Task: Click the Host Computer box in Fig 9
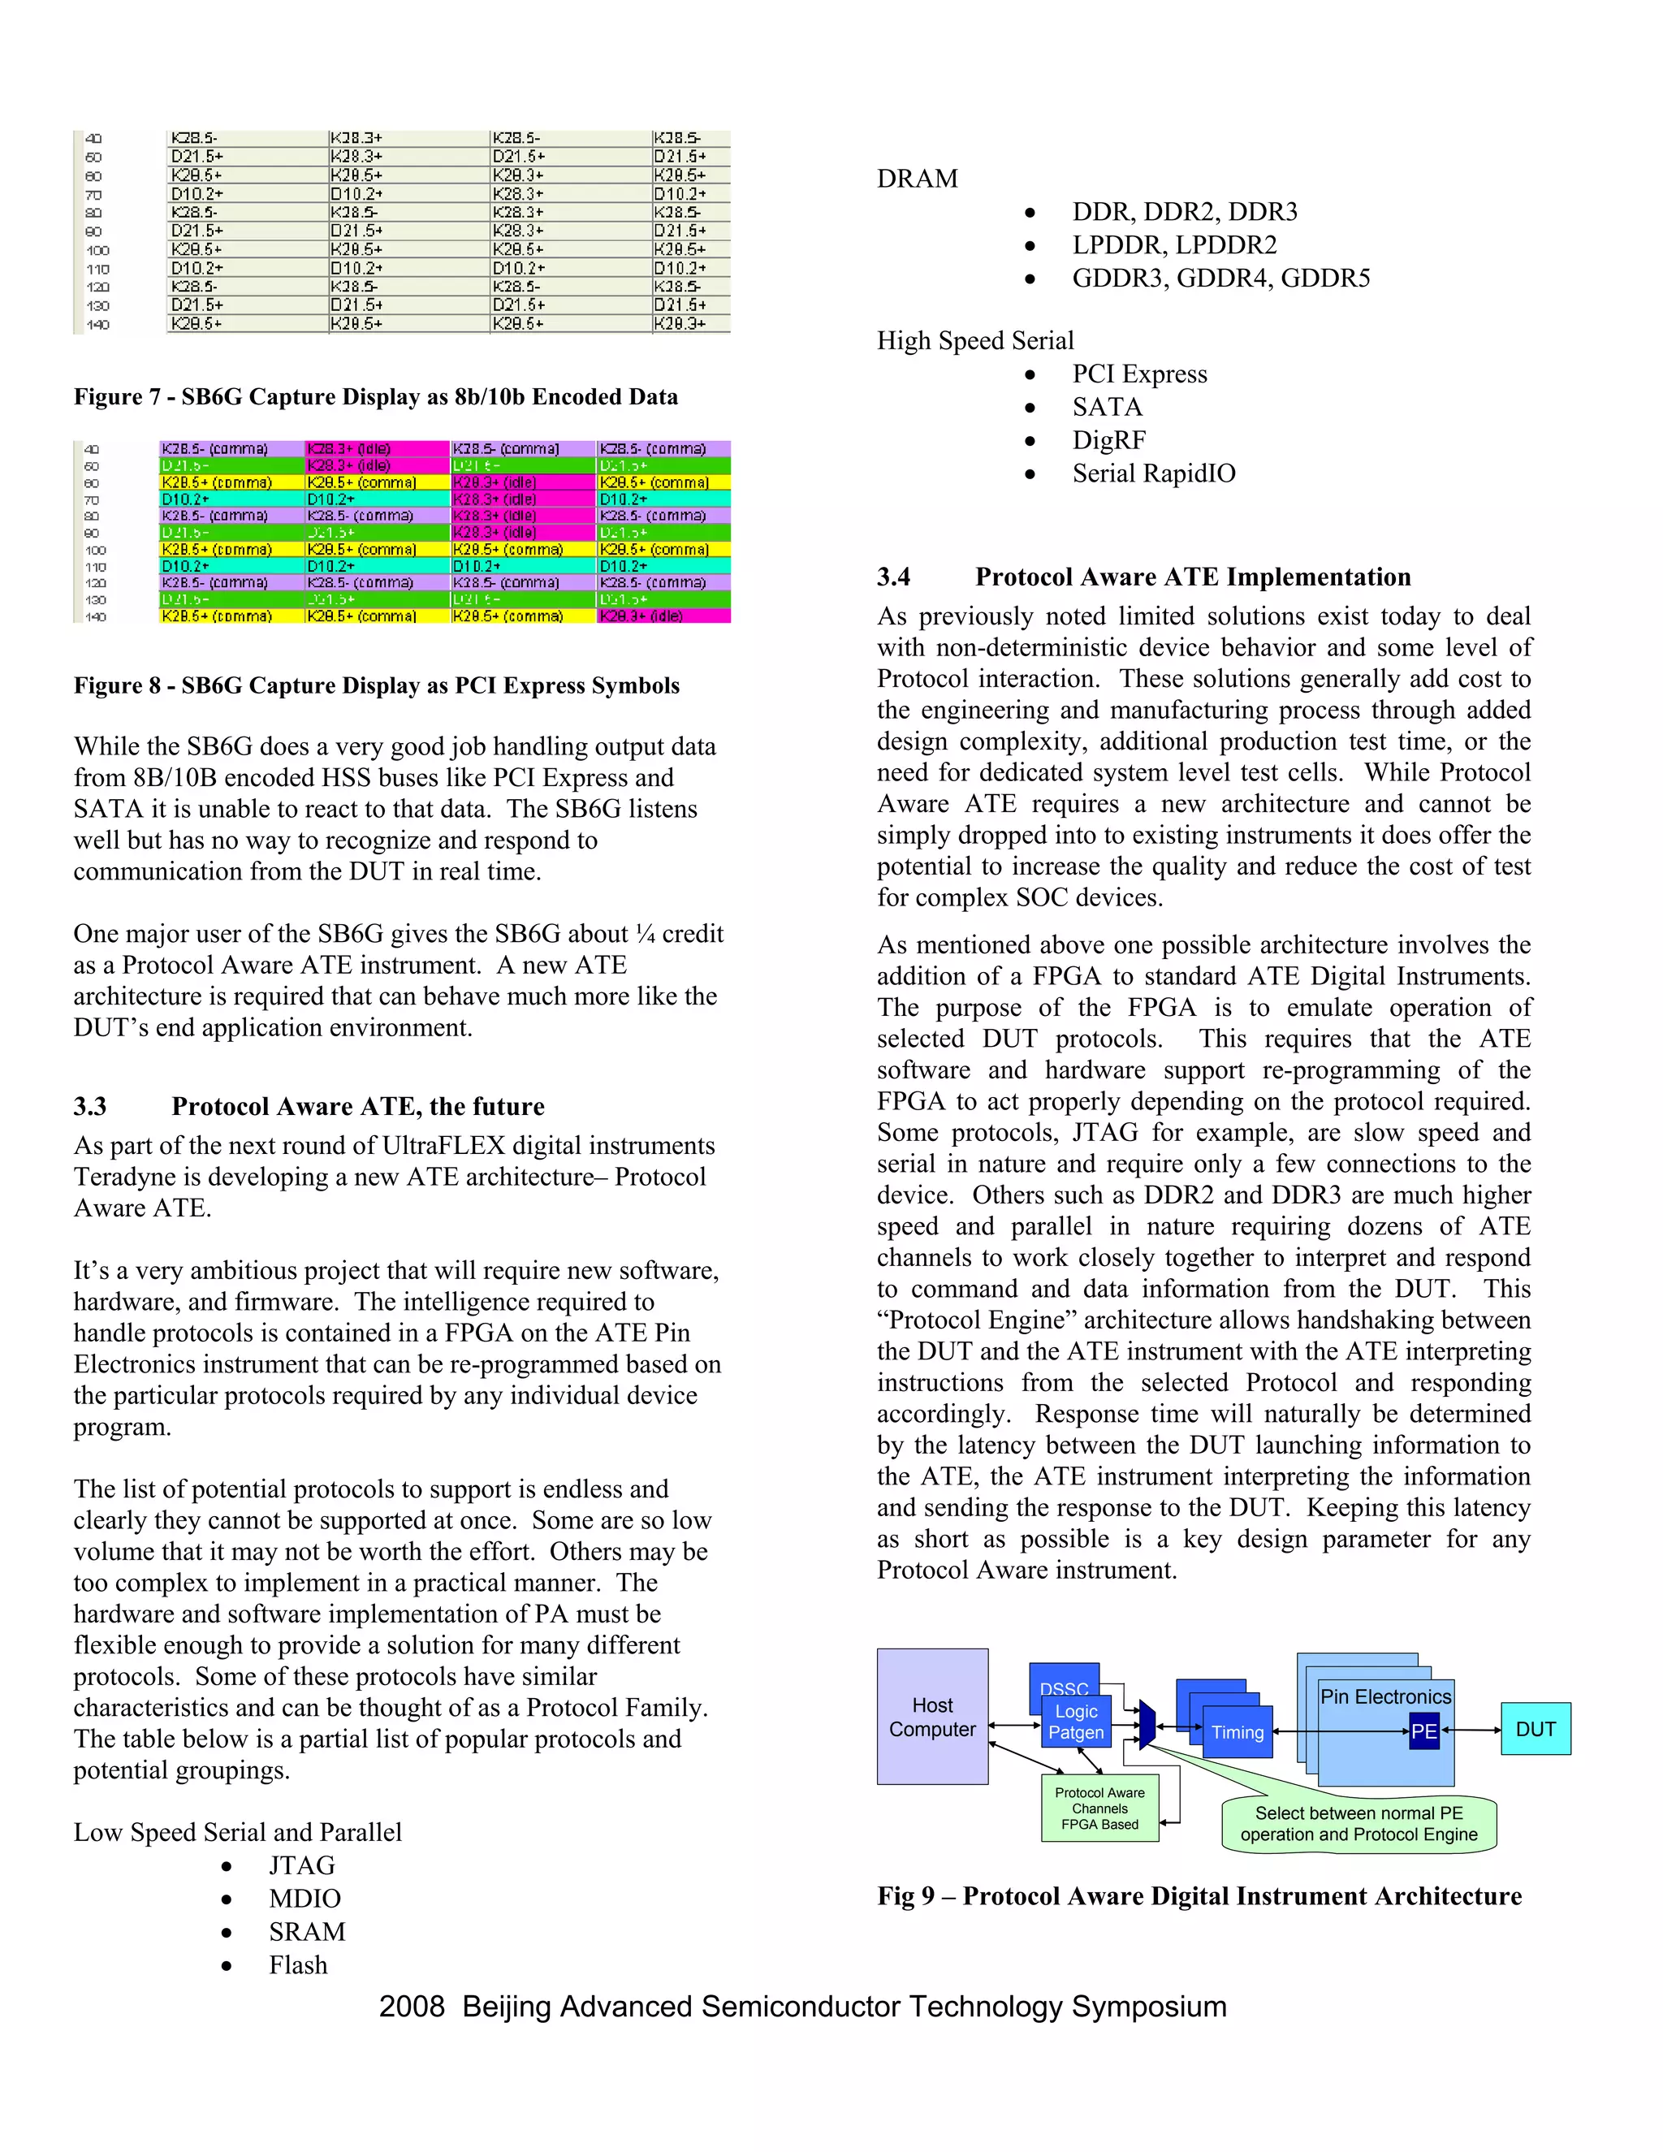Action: click(x=932, y=1717)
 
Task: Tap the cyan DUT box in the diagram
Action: click(x=1535, y=1728)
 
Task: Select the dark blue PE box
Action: click(x=1423, y=1731)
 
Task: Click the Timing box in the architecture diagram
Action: click(x=1237, y=1732)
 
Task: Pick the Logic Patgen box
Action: click(x=1076, y=1722)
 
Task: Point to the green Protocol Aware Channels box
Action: click(x=1099, y=1808)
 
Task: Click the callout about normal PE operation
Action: click(x=1358, y=1824)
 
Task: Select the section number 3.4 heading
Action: click(x=893, y=577)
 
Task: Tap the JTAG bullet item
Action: click(x=301, y=1865)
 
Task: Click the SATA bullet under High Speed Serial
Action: click(x=1108, y=407)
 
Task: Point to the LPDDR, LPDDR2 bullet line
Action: click(x=1174, y=244)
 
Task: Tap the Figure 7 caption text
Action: click(x=375, y=396)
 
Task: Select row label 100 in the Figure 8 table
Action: click(x=96, y=550)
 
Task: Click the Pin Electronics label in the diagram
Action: click(x=1385, y=1696)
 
